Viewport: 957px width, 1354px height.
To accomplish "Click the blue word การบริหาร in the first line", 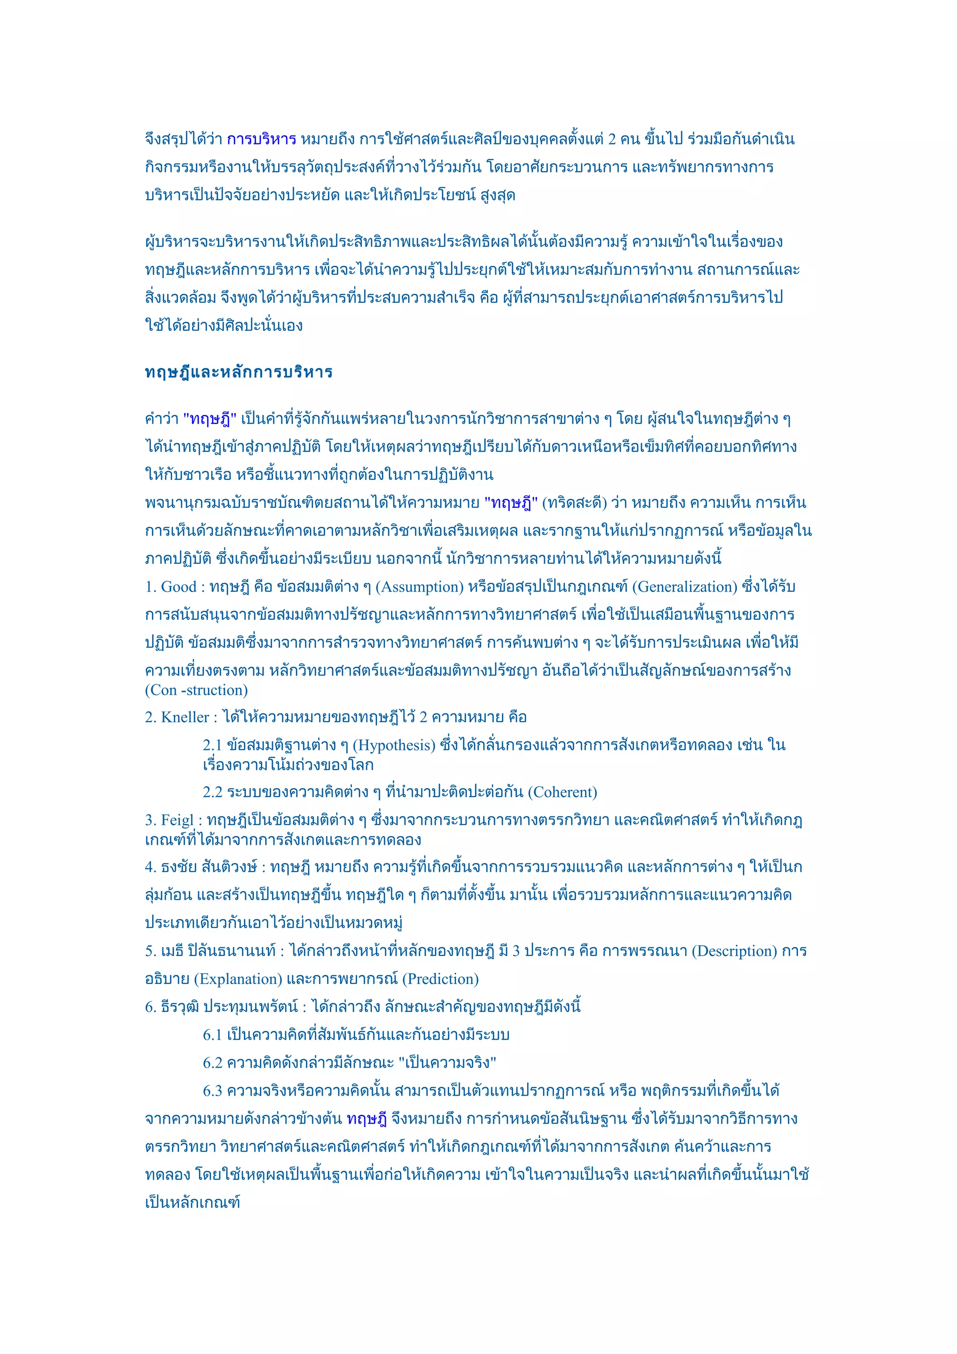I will point(261,140).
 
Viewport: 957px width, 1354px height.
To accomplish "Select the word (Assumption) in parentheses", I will point(420,587).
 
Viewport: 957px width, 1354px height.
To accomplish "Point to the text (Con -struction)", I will point(196,691).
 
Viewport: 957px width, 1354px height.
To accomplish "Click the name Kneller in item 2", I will point(185,718).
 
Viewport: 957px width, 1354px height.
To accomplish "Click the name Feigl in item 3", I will point(177,820).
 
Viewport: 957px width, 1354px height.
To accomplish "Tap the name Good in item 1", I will point(179,587).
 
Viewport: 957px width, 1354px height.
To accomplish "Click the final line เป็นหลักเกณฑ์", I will point(192,1203).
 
